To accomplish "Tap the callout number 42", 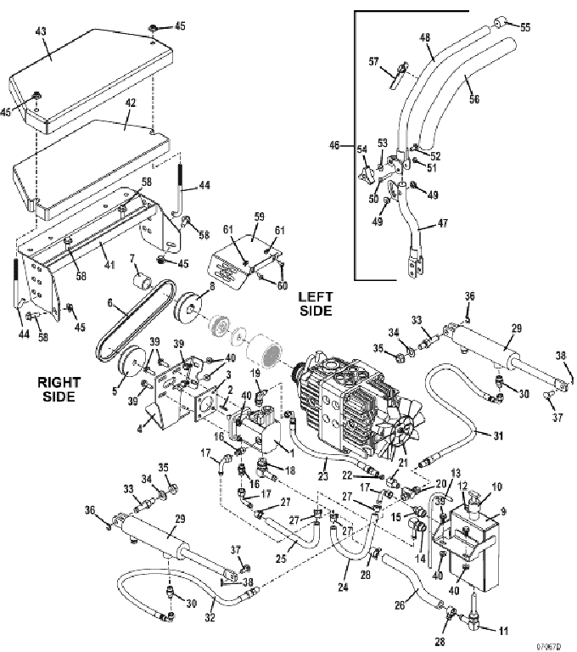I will point(131,103).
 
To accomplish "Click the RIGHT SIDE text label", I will point(60,388).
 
